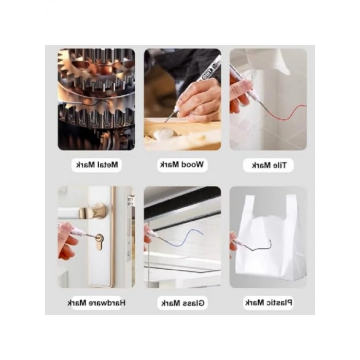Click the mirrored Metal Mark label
(97, 165)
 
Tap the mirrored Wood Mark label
(182, 165)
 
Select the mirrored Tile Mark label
(269, 165)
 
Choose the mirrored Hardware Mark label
(97, 303)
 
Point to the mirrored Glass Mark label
(183, 303)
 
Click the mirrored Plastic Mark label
(269, 302)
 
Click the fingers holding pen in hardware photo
(66, 243)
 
